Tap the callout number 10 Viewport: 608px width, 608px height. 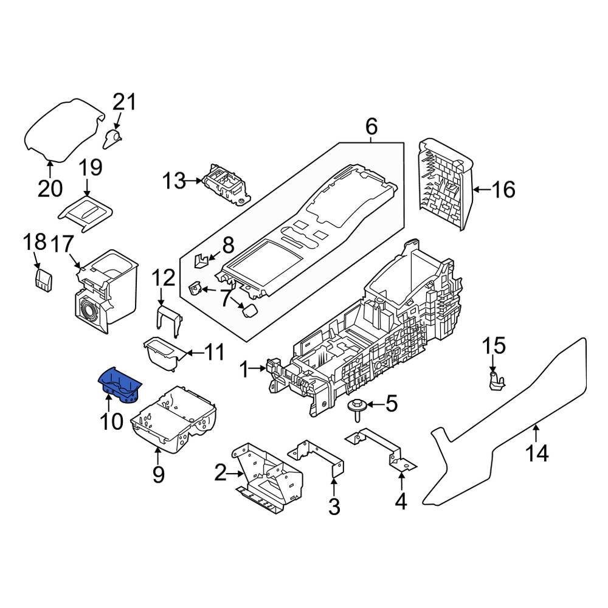tap(112, 421)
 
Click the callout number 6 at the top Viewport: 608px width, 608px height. tap(371, 127)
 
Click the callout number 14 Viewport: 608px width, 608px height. tap(539, 453)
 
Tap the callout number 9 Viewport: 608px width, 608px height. tap(158, 474)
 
